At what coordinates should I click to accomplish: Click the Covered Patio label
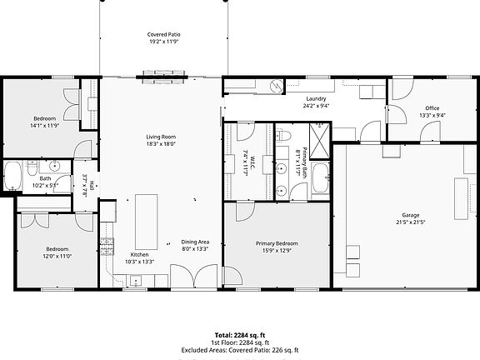164,35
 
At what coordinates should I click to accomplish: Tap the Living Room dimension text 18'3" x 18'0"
161,144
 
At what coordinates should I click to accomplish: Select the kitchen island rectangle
147,222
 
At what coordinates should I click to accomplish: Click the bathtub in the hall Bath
12,176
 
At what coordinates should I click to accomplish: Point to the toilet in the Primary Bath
283,136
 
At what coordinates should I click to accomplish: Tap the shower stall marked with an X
320,141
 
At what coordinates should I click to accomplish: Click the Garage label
411,215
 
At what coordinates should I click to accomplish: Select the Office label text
432,108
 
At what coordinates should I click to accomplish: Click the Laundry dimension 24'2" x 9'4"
316,106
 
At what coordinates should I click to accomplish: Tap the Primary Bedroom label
277,243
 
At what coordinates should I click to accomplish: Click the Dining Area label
195,242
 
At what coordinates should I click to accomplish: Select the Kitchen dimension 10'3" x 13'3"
140,262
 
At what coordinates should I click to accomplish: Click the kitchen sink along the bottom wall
135,280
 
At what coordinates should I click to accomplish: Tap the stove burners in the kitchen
107,247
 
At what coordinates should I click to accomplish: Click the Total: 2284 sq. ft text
240,335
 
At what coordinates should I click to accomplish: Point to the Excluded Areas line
240,350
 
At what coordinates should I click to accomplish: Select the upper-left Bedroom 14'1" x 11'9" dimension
45,126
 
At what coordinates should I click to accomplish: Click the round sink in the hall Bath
54,167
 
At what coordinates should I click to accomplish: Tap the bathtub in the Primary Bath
320,177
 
